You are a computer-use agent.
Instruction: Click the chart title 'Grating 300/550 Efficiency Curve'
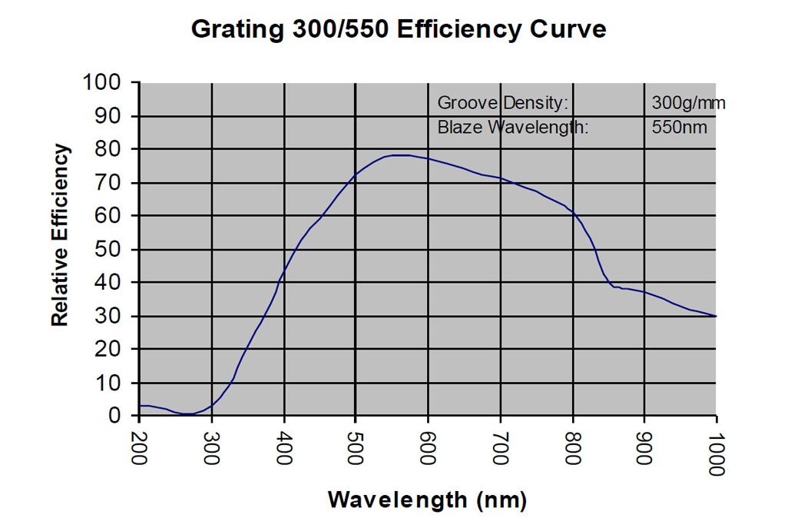click(398, 29)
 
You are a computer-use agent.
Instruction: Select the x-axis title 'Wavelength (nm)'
click(427, 500)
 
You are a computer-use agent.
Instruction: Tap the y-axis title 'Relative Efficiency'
click(61, 235)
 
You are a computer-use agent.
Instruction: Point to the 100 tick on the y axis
click(106, 82)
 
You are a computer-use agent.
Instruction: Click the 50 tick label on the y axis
click(113, 249)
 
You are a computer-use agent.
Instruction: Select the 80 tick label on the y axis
click(113, 149)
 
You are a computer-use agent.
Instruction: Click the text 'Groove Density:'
click(502, 103)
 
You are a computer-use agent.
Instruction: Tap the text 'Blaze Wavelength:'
click(512, 127)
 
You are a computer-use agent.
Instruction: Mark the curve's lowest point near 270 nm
click(188, 414)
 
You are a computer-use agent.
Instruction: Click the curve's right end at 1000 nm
click(716, 316)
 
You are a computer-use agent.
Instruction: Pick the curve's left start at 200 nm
click(140, 405)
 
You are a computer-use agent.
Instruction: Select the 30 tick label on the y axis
click(113, 316)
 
